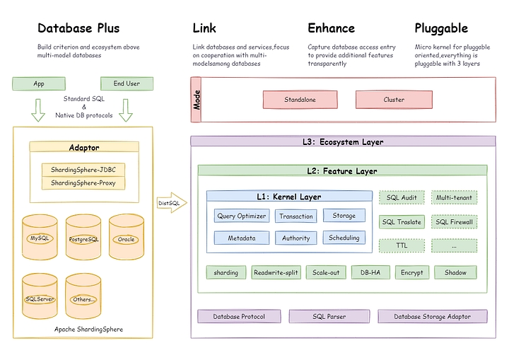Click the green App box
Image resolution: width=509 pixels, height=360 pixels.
click(39, 83)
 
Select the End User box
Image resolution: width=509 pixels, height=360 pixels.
click(127, 83)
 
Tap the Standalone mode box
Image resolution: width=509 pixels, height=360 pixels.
click(300, 100)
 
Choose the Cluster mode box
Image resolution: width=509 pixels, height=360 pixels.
click(394, 100)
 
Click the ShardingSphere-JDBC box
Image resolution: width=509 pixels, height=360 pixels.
click(83, 170)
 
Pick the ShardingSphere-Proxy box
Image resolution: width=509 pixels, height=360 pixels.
click(83, 182)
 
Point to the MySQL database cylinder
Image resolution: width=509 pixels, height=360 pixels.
click(40, 238)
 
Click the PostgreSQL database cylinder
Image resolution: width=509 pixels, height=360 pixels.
click(83, 238)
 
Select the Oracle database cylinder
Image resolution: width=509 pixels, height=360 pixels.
click(126, 238)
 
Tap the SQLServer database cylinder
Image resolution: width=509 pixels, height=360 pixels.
click(40, 298)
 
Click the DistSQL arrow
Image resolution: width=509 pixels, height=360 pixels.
click(170, 203)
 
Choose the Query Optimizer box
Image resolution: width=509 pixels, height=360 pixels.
click(242, 216)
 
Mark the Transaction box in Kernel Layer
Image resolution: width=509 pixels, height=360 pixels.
click(296, 216)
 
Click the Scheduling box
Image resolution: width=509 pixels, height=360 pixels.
click(344, 238)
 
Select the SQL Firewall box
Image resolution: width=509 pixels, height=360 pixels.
click(454, 222)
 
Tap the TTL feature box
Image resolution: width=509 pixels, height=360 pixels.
click(403, 245)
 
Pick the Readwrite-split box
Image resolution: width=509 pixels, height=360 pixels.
click(276, 272)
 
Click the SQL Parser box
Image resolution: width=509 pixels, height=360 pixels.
click(329, 316)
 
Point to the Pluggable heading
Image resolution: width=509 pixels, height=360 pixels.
click(440, 28)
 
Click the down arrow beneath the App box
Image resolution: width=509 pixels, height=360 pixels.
click(39, 110)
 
